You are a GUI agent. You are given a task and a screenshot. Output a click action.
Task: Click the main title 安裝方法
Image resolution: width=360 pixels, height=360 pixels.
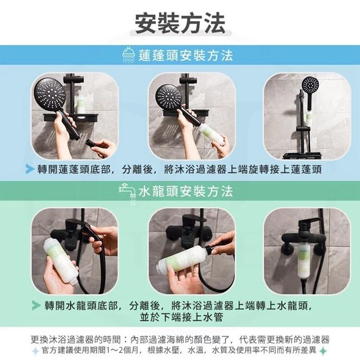tap(180, 22)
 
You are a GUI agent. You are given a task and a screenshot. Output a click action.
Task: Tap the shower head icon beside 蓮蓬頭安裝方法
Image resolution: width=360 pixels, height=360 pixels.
tap(128, 57)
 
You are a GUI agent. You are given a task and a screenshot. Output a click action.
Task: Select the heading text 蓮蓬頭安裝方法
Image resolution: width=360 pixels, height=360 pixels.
tap(186, 56)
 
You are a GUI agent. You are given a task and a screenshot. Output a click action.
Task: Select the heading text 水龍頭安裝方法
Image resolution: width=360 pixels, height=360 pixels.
tap(186, 192)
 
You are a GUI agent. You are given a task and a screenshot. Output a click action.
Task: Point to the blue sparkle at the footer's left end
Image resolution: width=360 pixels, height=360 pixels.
tap(35, 351)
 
